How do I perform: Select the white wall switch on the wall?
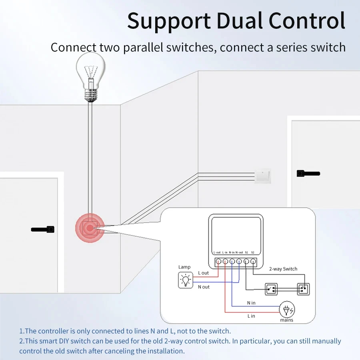[263, 176]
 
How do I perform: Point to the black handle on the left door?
[42, 229]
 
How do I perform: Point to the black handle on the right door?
[308, 174]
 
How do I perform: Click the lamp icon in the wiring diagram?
[185, 280]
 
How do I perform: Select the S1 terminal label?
[247, 252]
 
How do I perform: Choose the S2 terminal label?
[253, 252]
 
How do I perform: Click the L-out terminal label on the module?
[217, 252]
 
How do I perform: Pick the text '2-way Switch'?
[283, 269]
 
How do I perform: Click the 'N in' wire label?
[251, 303]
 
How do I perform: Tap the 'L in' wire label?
[251, 316]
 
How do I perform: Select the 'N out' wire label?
[204, 287]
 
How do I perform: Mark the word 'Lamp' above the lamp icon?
[184, 267]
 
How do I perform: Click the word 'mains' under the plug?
[286, 320]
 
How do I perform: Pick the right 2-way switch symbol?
[303, 288]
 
